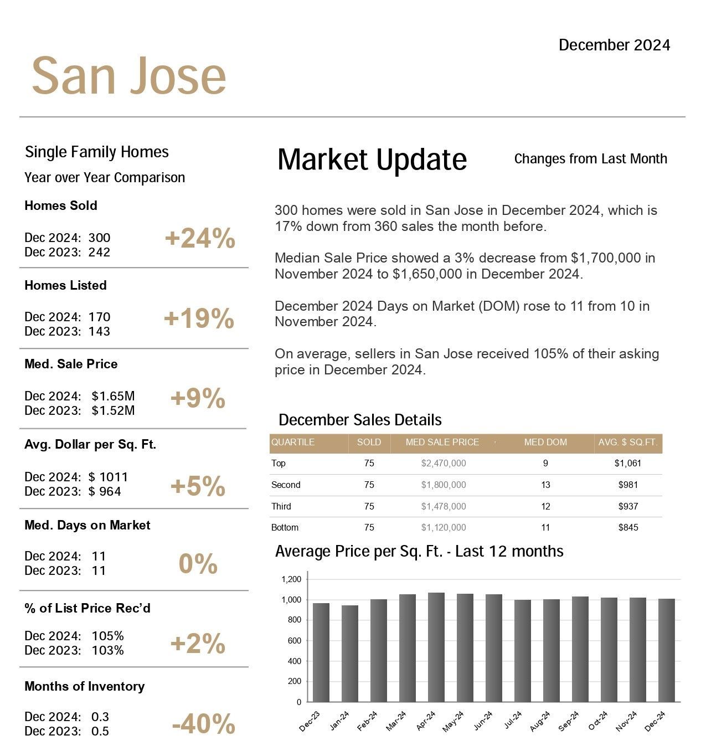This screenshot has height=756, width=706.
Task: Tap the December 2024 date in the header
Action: [x=614, y=45]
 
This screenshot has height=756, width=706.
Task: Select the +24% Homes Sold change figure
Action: [x=200, y=238]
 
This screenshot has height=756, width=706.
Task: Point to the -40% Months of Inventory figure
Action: [x=203, y=723]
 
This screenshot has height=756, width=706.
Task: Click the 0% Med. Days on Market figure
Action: [x=198, y=563]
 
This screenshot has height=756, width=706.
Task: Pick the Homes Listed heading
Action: [x=65, y=285]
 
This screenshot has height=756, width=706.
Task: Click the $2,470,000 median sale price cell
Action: [x=443, y=463]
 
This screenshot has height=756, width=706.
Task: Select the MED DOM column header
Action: [x=545, y=442]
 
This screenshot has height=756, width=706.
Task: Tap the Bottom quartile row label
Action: [x=285, y=527]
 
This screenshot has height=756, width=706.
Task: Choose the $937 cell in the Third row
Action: [x=627, y=506]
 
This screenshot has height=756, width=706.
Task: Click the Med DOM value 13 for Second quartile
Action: [x=545, y=485]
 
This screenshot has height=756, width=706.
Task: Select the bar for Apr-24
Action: [x=436, y=647]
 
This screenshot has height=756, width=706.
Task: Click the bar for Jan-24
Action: [x=349, y=654]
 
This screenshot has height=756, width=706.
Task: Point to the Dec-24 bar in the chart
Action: [x=666, y=650]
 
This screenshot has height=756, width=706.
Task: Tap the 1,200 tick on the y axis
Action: [x=291, y=579]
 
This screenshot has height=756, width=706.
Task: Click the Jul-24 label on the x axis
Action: [x=513, y=719]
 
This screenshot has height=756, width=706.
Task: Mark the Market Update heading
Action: [x=372, y=159]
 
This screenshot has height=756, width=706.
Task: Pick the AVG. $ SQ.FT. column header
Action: [x=627, y=442]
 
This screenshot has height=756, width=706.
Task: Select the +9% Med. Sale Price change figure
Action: [x=198, y=398]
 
